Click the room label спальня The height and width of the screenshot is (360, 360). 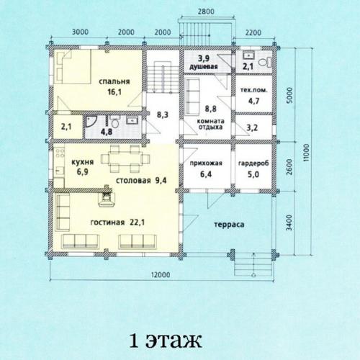point(114,81)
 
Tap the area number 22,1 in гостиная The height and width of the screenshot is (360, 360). point(137,222)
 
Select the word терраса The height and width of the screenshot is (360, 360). point(229,225)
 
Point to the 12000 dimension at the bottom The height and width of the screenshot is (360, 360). point(161,274)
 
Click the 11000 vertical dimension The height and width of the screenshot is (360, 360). point(306,153)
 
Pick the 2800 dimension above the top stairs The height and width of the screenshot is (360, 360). point(206,12)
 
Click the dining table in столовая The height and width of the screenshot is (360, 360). point(125,159)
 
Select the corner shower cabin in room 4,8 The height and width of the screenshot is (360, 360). point(91,122)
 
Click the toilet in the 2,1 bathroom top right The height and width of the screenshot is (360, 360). point(265,62)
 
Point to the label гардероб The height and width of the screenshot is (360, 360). point(253,163)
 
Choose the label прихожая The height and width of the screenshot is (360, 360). point(206,163)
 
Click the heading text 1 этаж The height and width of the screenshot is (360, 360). point(166,340)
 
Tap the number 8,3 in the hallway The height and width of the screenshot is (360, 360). point(163,114)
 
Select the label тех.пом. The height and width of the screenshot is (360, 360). point(253,91)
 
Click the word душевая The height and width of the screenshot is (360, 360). point(204,66)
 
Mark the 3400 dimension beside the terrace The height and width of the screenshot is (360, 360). point(289,222)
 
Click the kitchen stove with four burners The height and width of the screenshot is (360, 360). point(60,153)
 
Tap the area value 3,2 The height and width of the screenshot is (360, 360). point(252,127)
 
